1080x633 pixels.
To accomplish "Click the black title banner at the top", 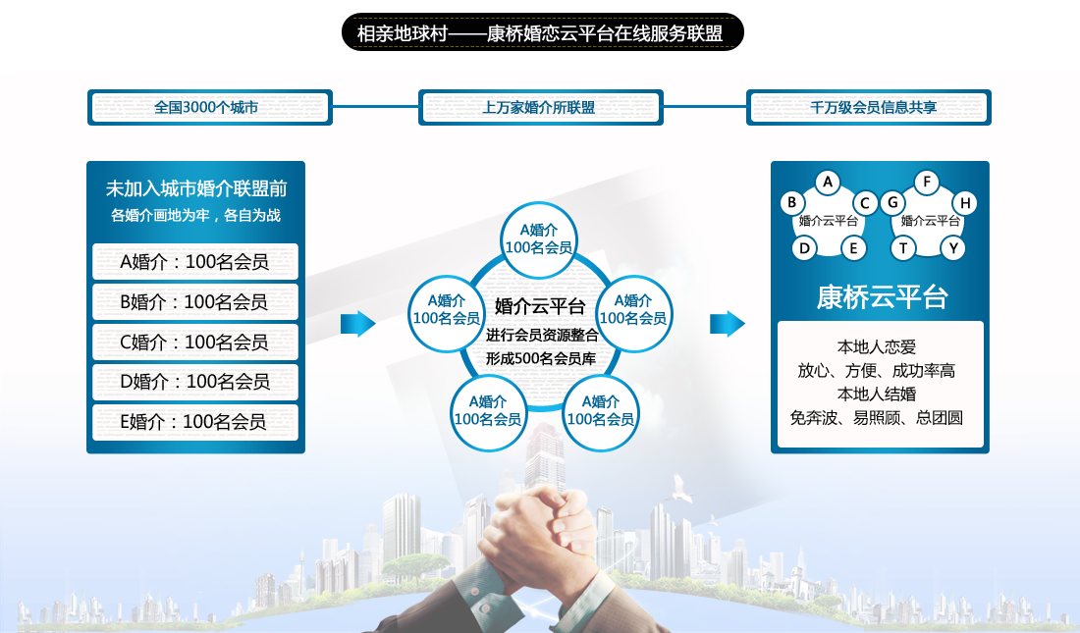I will (541, 32).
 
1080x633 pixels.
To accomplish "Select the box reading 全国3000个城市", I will (210, 107).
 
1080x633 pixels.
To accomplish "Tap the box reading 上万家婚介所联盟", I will (540, 107).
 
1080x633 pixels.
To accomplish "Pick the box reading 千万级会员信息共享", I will (869, 107).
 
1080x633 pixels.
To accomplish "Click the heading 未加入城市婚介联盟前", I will (195, 188).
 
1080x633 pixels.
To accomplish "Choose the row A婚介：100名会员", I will (195, 262).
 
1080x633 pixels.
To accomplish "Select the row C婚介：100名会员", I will (195, 342).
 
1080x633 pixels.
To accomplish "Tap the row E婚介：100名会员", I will (195, 422).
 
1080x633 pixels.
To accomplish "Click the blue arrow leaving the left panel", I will (358, 324).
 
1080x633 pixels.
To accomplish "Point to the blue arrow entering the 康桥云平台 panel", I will (728, 324).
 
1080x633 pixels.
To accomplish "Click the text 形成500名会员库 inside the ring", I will (540, 358).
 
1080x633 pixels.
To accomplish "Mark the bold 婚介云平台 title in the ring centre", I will (540, 305).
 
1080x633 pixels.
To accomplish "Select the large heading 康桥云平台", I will (881, 297).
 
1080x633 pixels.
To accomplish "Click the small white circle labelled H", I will (965, 203).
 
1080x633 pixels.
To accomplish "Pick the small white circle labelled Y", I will (952, 247).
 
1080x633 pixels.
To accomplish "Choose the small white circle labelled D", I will (804, 247).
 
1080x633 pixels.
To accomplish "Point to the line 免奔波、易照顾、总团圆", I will (877, 417).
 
